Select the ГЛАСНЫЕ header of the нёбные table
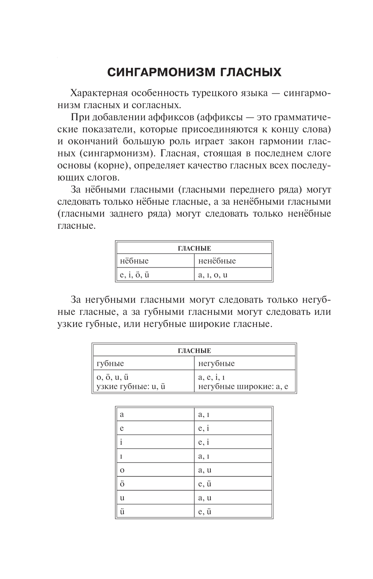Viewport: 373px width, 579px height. pos(194,248)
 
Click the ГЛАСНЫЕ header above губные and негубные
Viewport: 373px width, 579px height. pos(194,351)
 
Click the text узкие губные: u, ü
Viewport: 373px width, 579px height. pos(131,386)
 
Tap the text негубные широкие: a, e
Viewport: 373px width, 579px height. pos(243,386)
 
